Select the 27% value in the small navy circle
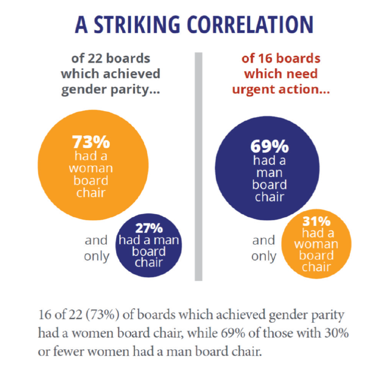coord(149,228)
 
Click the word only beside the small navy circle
coord(97,256)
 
